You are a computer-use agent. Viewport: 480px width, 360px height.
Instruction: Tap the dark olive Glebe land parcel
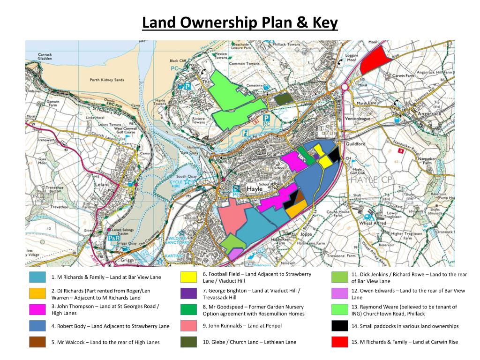[x=283, y=99]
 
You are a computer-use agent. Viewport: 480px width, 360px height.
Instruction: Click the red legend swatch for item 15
[x=339, y=342]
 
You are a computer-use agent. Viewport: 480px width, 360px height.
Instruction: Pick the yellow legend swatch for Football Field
[x=188, y=277]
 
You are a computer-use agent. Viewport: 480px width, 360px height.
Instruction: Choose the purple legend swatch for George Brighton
[x=188, y=293]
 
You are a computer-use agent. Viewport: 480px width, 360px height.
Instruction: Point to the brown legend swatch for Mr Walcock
[x=37, y=342]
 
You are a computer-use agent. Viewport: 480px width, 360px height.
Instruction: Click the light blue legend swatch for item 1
[x=37, y=277]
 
